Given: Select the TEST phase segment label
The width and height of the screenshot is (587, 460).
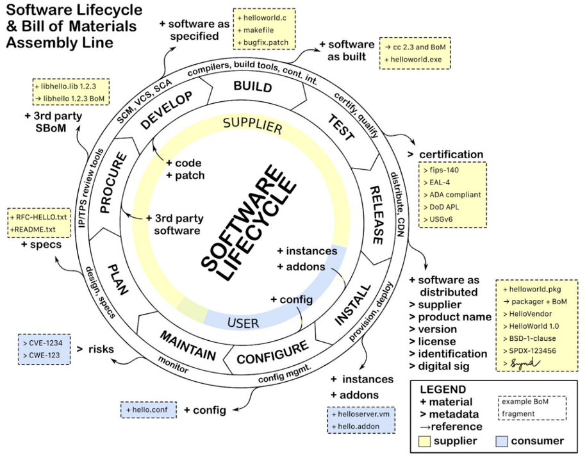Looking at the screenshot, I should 341,127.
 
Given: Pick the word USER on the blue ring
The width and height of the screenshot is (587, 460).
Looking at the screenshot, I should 244,322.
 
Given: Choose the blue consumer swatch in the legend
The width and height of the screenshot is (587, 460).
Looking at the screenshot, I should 502,441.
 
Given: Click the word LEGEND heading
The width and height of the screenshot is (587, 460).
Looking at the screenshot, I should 443,390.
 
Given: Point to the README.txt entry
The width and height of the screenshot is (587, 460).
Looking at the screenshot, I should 35,229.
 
